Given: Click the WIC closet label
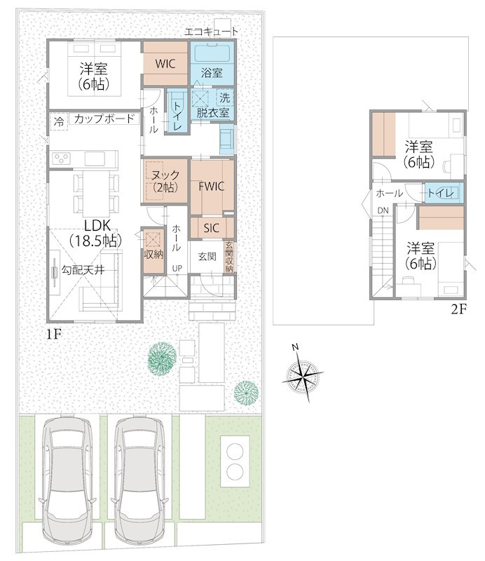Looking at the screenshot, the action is [x=165, y=64].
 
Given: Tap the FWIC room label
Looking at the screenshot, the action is [x=212, y=187].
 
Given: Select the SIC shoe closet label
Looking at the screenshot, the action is [x=212, y=228].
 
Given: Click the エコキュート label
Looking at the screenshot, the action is [x=211, y=32].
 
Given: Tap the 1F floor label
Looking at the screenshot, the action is [x=54, y=334].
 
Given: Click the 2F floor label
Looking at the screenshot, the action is [x=458, y=309].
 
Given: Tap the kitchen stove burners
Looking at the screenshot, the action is [x=62, y=158].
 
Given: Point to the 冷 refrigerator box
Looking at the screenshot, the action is [x=59, y=121].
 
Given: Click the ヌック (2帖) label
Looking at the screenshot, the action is [x=165, y=181].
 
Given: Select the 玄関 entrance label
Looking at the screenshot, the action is [x=207, y=256].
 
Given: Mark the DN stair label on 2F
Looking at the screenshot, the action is [x=383, y=211].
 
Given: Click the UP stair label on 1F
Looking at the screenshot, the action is [x=177, y=268].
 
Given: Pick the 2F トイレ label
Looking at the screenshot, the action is [x=441, y=194].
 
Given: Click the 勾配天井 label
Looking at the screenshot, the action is [x=83, y=270].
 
